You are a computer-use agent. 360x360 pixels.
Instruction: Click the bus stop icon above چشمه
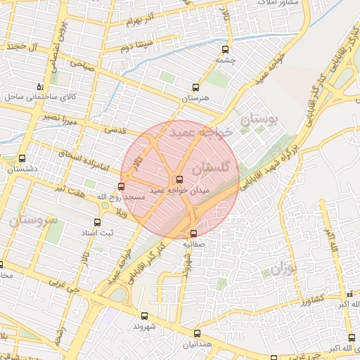pyautogui.click(x=226, y=50)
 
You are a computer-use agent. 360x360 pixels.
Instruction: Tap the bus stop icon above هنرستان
pyautogui.click(x=195, y=88)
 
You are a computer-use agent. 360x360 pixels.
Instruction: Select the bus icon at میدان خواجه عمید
pyautogui.click(x=179, y=179)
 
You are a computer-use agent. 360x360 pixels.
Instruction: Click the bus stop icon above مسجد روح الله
pyautogui.click(x=122, y=186)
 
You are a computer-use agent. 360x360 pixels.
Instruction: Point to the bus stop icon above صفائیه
pyautogui.click(x=193, y=233)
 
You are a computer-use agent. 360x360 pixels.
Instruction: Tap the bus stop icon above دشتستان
pyautogui.click(x=22, y=159)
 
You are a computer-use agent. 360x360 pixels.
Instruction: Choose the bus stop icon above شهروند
pyautogui.click(x=145, y=316)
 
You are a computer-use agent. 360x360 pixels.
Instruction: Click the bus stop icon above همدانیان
pyautogui.click(x=196, y=335)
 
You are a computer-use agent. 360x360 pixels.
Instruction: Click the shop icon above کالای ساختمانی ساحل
pyautogui.click(x=39, y=86)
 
